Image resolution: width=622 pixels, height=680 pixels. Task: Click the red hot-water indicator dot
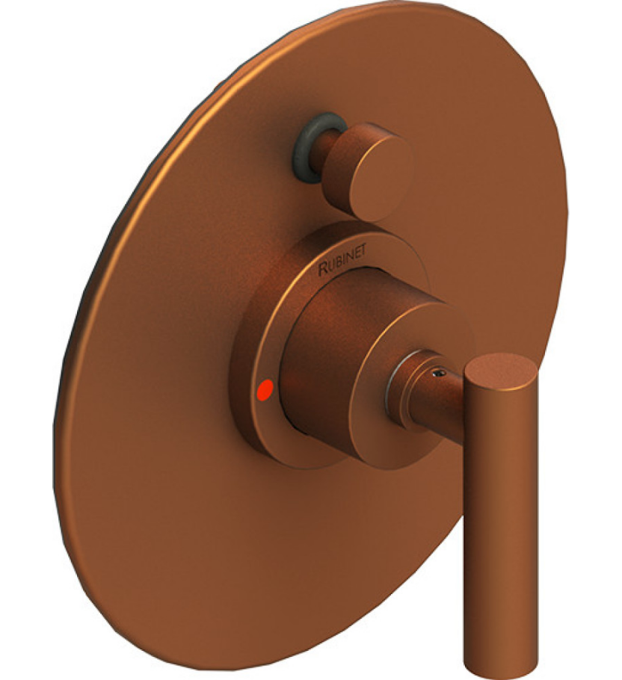(x=264, y=389)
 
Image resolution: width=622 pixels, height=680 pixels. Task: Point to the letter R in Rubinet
(x=323, y=271)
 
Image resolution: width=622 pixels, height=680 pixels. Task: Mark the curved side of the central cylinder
(x=314, y=374)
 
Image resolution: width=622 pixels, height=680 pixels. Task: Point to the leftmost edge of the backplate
(x=55, y=433)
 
